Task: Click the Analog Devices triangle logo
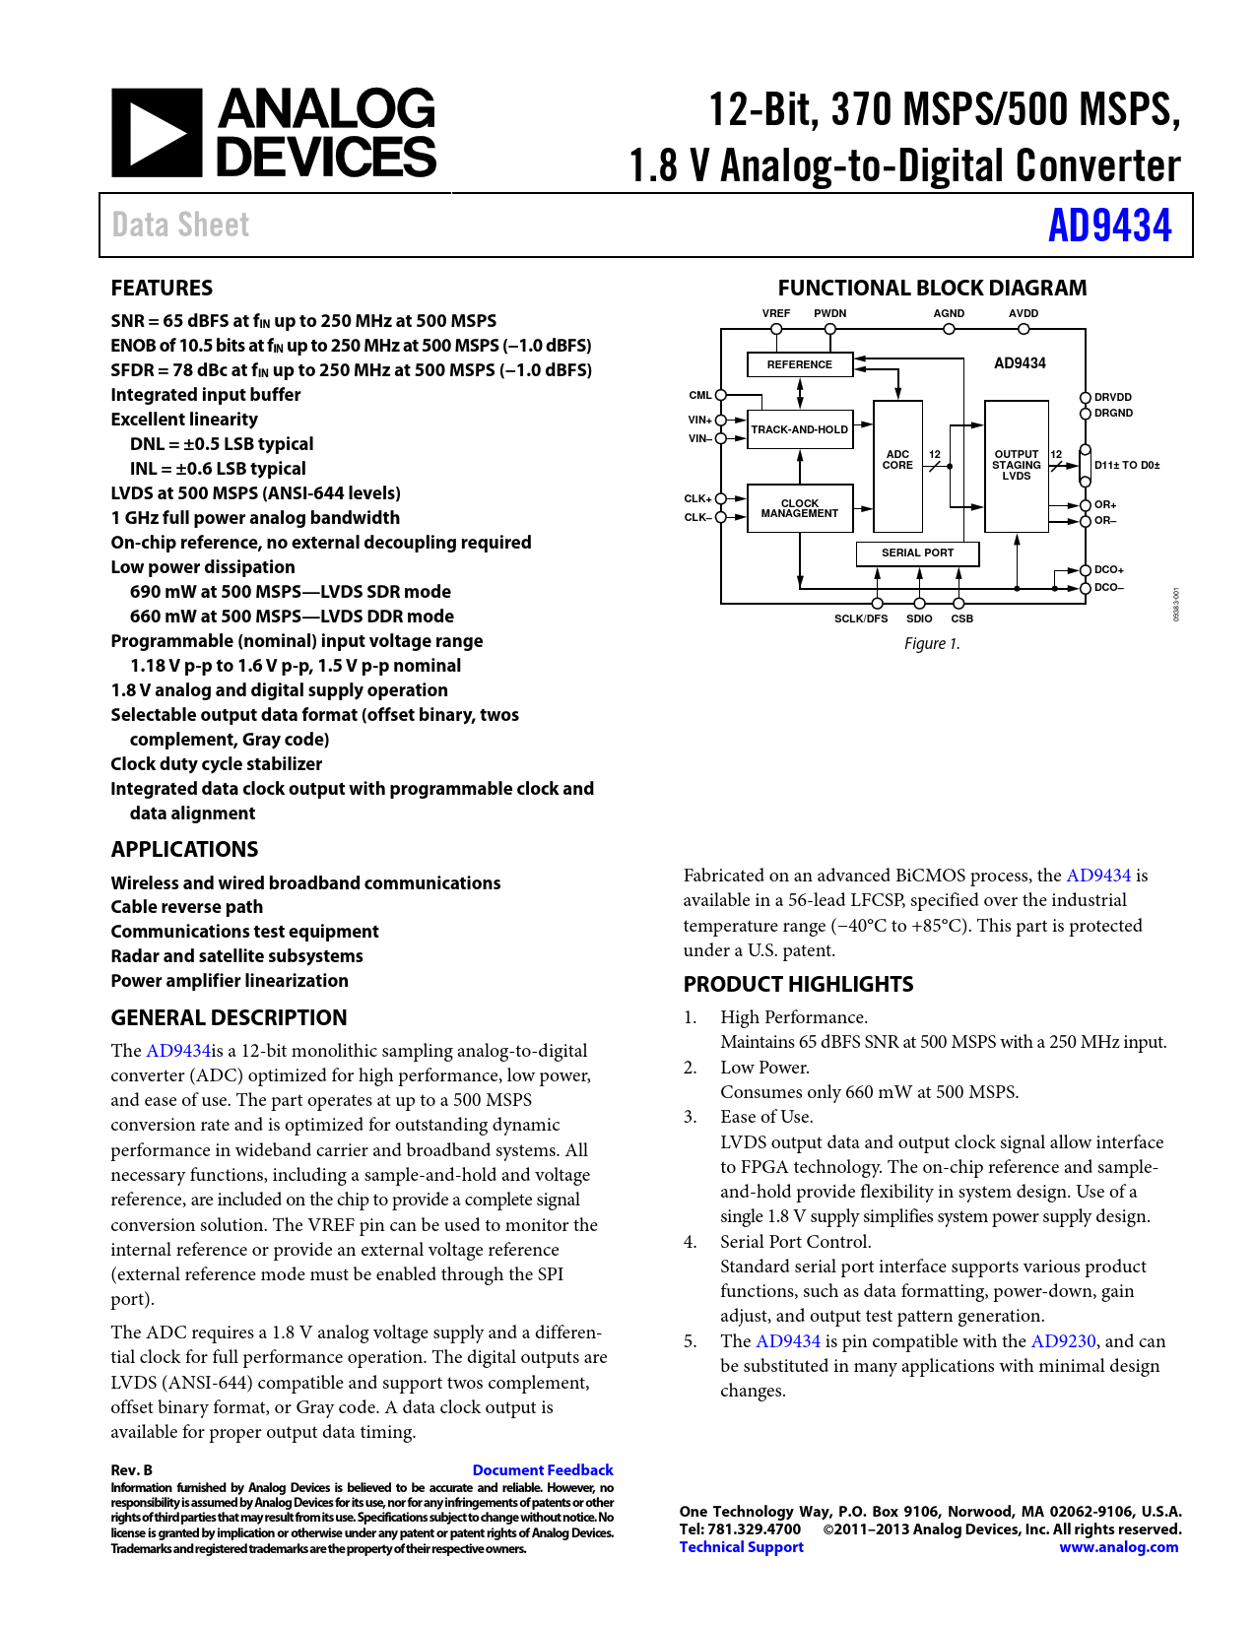pos(157,133)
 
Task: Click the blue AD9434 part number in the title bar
pos(1109,226)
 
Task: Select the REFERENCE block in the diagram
pos(799,364)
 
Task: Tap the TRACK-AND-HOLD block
pos(799,429)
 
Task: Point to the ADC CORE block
pos(897,460)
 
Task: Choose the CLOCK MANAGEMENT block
pos(799,508)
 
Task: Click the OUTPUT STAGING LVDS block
pos(1016,465)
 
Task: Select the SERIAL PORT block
pos(917,552)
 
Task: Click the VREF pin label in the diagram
pos(776,313)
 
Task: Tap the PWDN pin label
pos(829,313)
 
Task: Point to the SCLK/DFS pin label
pos(861,618)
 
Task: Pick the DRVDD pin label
pos(1113,397)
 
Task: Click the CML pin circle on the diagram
pos(721,395)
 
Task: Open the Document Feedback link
pos(543,1469)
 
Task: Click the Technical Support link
pos(741,1547)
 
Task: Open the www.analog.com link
pos(1118,1547)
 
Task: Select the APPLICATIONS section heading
pos(184,849)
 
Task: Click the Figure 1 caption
pos(932,643)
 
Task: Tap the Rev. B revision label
pos(131,1469)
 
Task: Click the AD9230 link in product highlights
pos(1063,1340)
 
